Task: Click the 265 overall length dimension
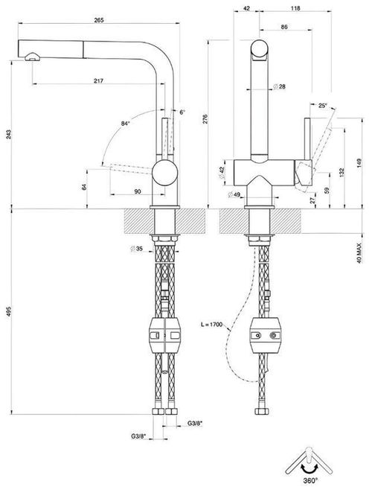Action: point(99,20)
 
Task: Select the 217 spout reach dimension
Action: point(99,80)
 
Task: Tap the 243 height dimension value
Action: point(9,134)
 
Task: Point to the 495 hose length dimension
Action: point(9,311)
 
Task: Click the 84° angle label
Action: point(125,124)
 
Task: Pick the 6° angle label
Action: point(182,112)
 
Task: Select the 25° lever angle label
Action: point(323,106)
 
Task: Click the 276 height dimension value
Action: point(205,120)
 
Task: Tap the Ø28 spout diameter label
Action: point(280,86)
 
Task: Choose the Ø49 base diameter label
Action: point(234,195)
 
